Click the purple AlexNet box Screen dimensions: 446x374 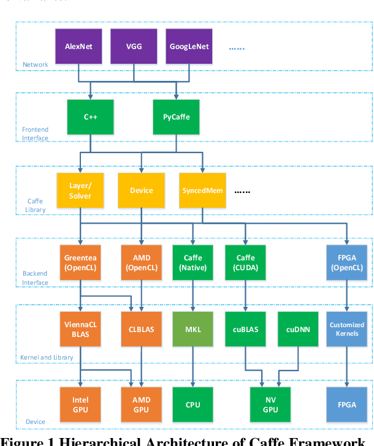(x=79, y=47)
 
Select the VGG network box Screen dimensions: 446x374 (x=134, y=47)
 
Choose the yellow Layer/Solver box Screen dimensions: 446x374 (x=80, y=191)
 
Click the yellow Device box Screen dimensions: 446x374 (x=142, y=191)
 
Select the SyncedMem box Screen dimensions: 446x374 (x=202, y=191)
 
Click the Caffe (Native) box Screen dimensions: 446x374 (x=193, y=263)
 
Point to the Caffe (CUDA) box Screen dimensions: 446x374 (x=245, y=263)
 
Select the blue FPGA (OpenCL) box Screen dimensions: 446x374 (x=347, y=263)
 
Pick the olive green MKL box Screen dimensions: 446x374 (x=193, y=330)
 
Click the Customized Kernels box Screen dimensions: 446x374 (x=347, y=330)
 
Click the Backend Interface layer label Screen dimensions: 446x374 (x=35, y=278)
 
